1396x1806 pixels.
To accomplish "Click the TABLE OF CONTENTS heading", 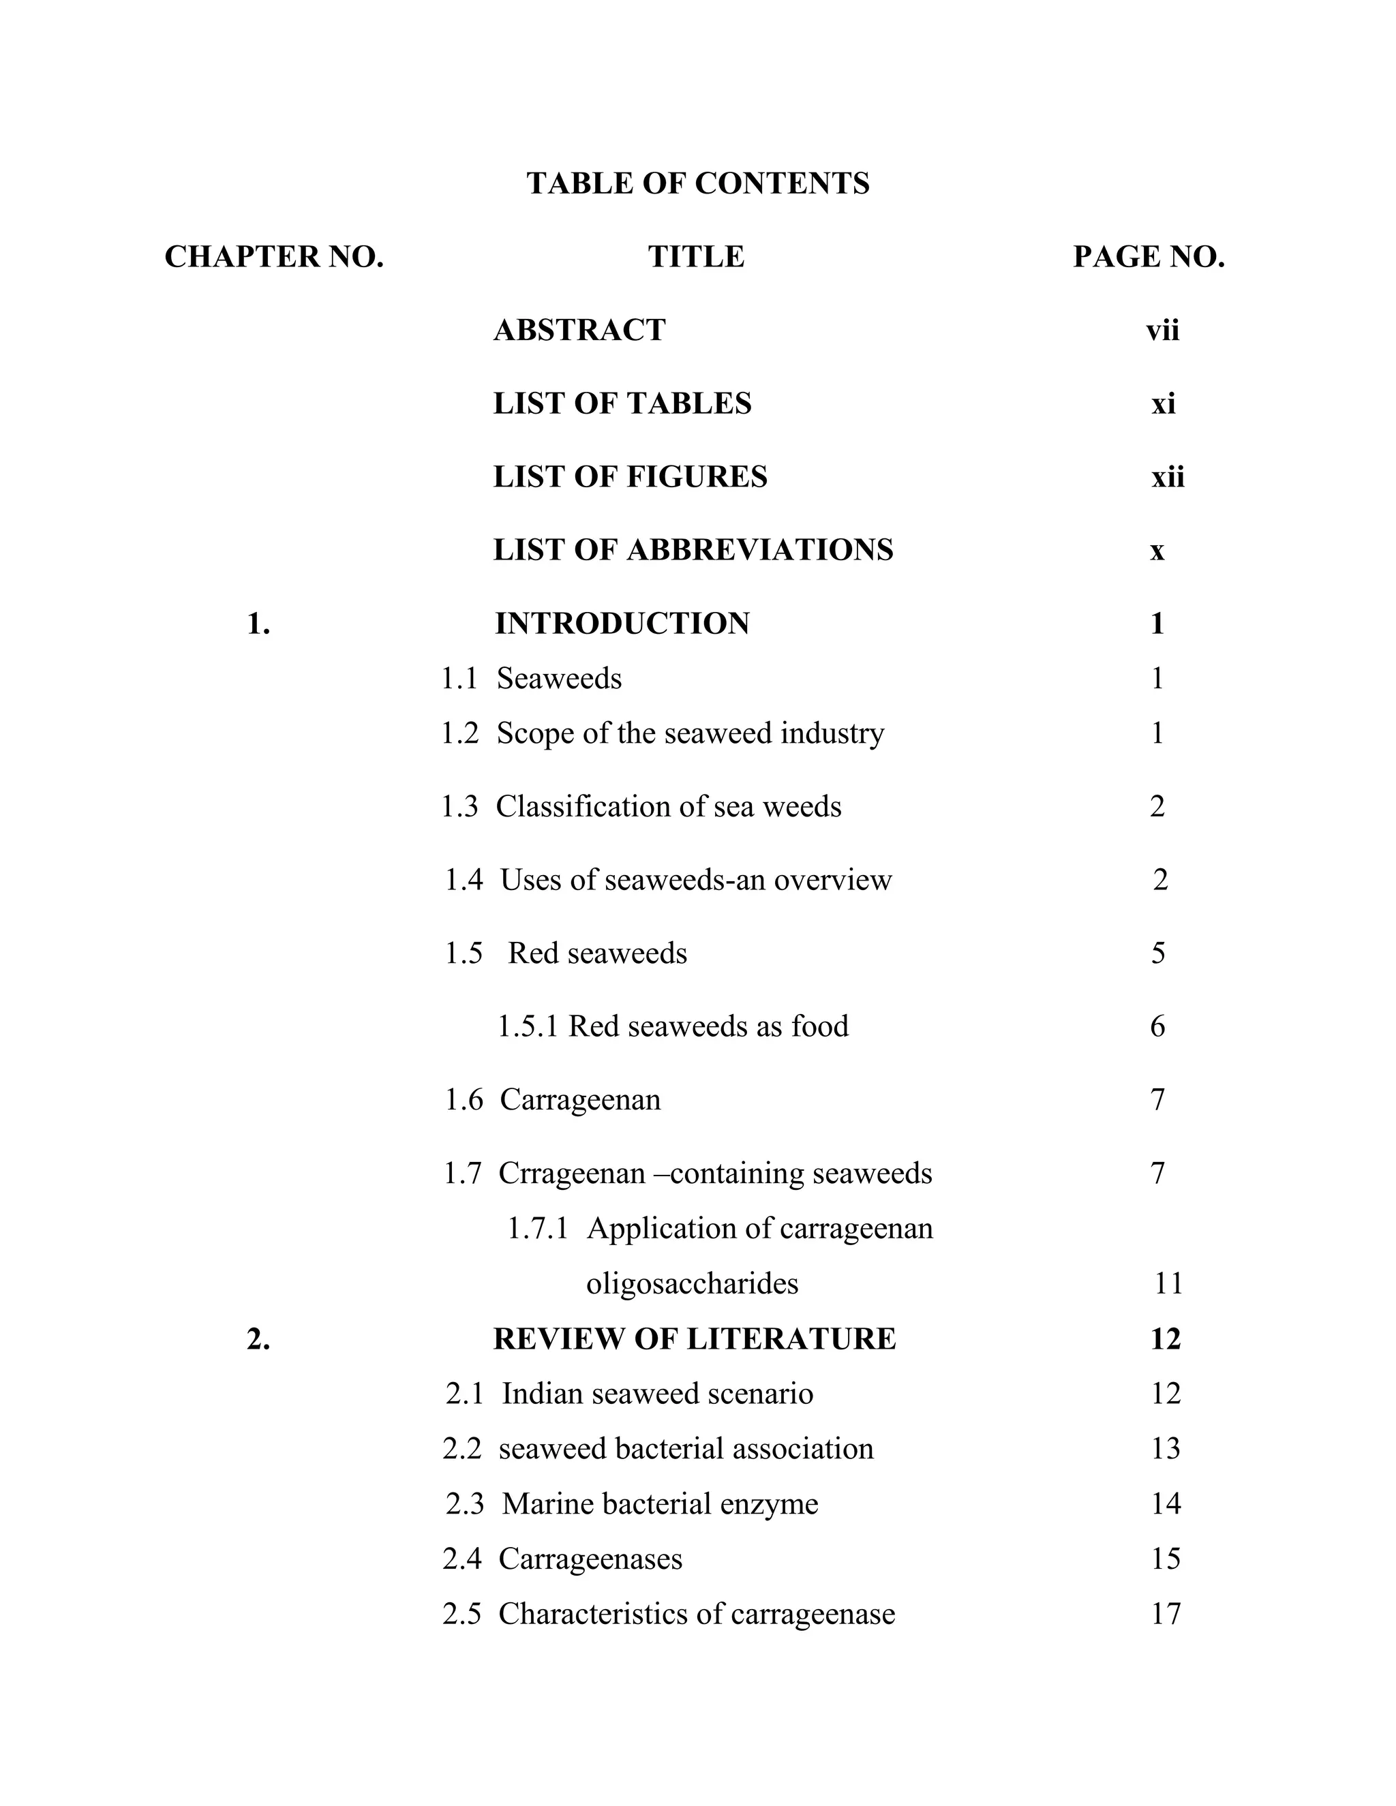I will [698, 183].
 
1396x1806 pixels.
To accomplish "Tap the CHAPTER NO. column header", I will [274, 257].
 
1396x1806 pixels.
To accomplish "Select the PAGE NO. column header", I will [1148, 257].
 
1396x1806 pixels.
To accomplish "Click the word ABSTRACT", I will [579, 330].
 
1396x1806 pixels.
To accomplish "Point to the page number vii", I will [1162, 331].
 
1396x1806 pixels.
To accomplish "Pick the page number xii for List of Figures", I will [1167, 477].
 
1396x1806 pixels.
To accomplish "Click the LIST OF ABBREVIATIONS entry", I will [693, 550].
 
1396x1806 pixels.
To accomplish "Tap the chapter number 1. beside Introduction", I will [258, 624].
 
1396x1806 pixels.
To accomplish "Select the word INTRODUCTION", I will [622, 624].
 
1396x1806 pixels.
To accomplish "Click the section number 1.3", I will [460, 806].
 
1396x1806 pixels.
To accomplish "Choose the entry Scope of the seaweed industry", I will [690, 733].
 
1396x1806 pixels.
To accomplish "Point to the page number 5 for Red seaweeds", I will [1158, 953].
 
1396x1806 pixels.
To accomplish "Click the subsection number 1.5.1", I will [528, 1026].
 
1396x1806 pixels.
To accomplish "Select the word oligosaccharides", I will [693, 1283].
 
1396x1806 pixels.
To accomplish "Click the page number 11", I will [1168, 1283].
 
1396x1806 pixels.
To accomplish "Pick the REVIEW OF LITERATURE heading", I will [694, 1338].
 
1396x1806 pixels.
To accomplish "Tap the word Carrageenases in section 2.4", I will [590, 1559].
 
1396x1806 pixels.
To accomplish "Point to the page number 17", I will [1165, 1613].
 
